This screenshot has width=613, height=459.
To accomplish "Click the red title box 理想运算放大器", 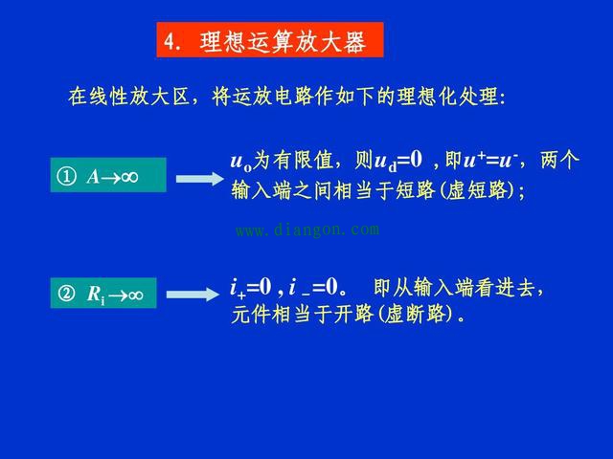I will (x=269, y=41).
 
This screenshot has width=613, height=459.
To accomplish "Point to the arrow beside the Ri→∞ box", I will (x=199, y=295).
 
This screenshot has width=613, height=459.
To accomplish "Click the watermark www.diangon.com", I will (x=306, y=229).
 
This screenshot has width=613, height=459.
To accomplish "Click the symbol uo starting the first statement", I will (x=239, y=161).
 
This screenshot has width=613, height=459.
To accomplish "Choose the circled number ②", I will (x=66, y=295).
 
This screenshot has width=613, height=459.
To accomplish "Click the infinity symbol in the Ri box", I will (x=134, y=295).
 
